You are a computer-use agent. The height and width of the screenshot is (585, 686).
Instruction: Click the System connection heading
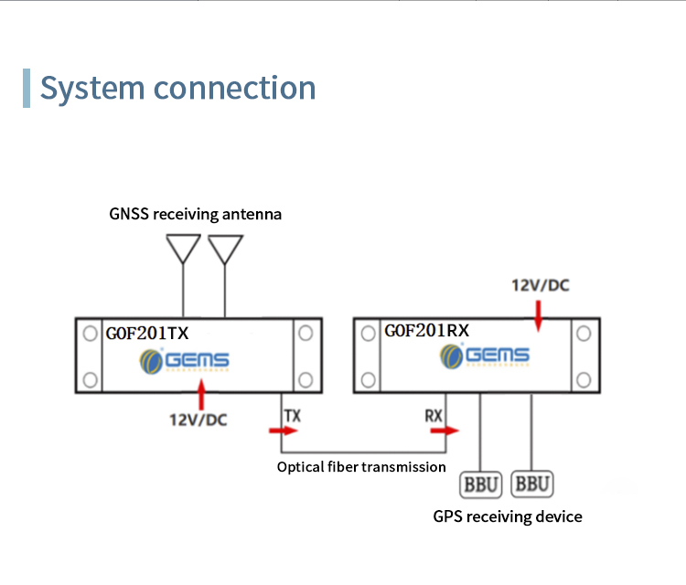point(177,88)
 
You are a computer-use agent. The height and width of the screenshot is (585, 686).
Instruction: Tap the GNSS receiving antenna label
point(195,215)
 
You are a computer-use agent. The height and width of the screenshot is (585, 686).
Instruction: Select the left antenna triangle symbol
point(183,248)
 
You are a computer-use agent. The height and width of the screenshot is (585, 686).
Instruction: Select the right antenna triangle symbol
point(225,248)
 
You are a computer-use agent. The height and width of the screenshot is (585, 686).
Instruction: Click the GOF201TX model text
point(147,333)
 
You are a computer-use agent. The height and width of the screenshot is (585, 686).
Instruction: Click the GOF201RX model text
point(426,331)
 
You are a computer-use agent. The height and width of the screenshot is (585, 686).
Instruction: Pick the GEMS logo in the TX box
point(184,362)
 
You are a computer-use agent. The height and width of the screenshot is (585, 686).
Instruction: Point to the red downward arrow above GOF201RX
point(539,314)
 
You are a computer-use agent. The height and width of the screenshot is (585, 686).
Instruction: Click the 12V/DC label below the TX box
point(198,420)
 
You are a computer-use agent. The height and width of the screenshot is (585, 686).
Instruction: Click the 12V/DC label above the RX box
point(540,285)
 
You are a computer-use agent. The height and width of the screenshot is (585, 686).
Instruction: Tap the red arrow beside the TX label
point(277,430)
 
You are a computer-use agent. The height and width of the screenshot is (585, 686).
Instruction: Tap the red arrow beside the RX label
point(451,431)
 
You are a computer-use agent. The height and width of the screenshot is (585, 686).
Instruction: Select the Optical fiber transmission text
point(361,467)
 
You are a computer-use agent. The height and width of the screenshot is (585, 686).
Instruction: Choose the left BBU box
point(481,484)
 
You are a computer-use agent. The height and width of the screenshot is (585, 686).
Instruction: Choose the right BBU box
point(532,484)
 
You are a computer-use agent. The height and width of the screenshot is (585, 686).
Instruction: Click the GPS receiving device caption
point(508,516)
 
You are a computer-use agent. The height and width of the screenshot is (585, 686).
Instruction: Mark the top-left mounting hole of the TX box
point(89,334)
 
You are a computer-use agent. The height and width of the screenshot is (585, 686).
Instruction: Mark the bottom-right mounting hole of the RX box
point(583,378)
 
